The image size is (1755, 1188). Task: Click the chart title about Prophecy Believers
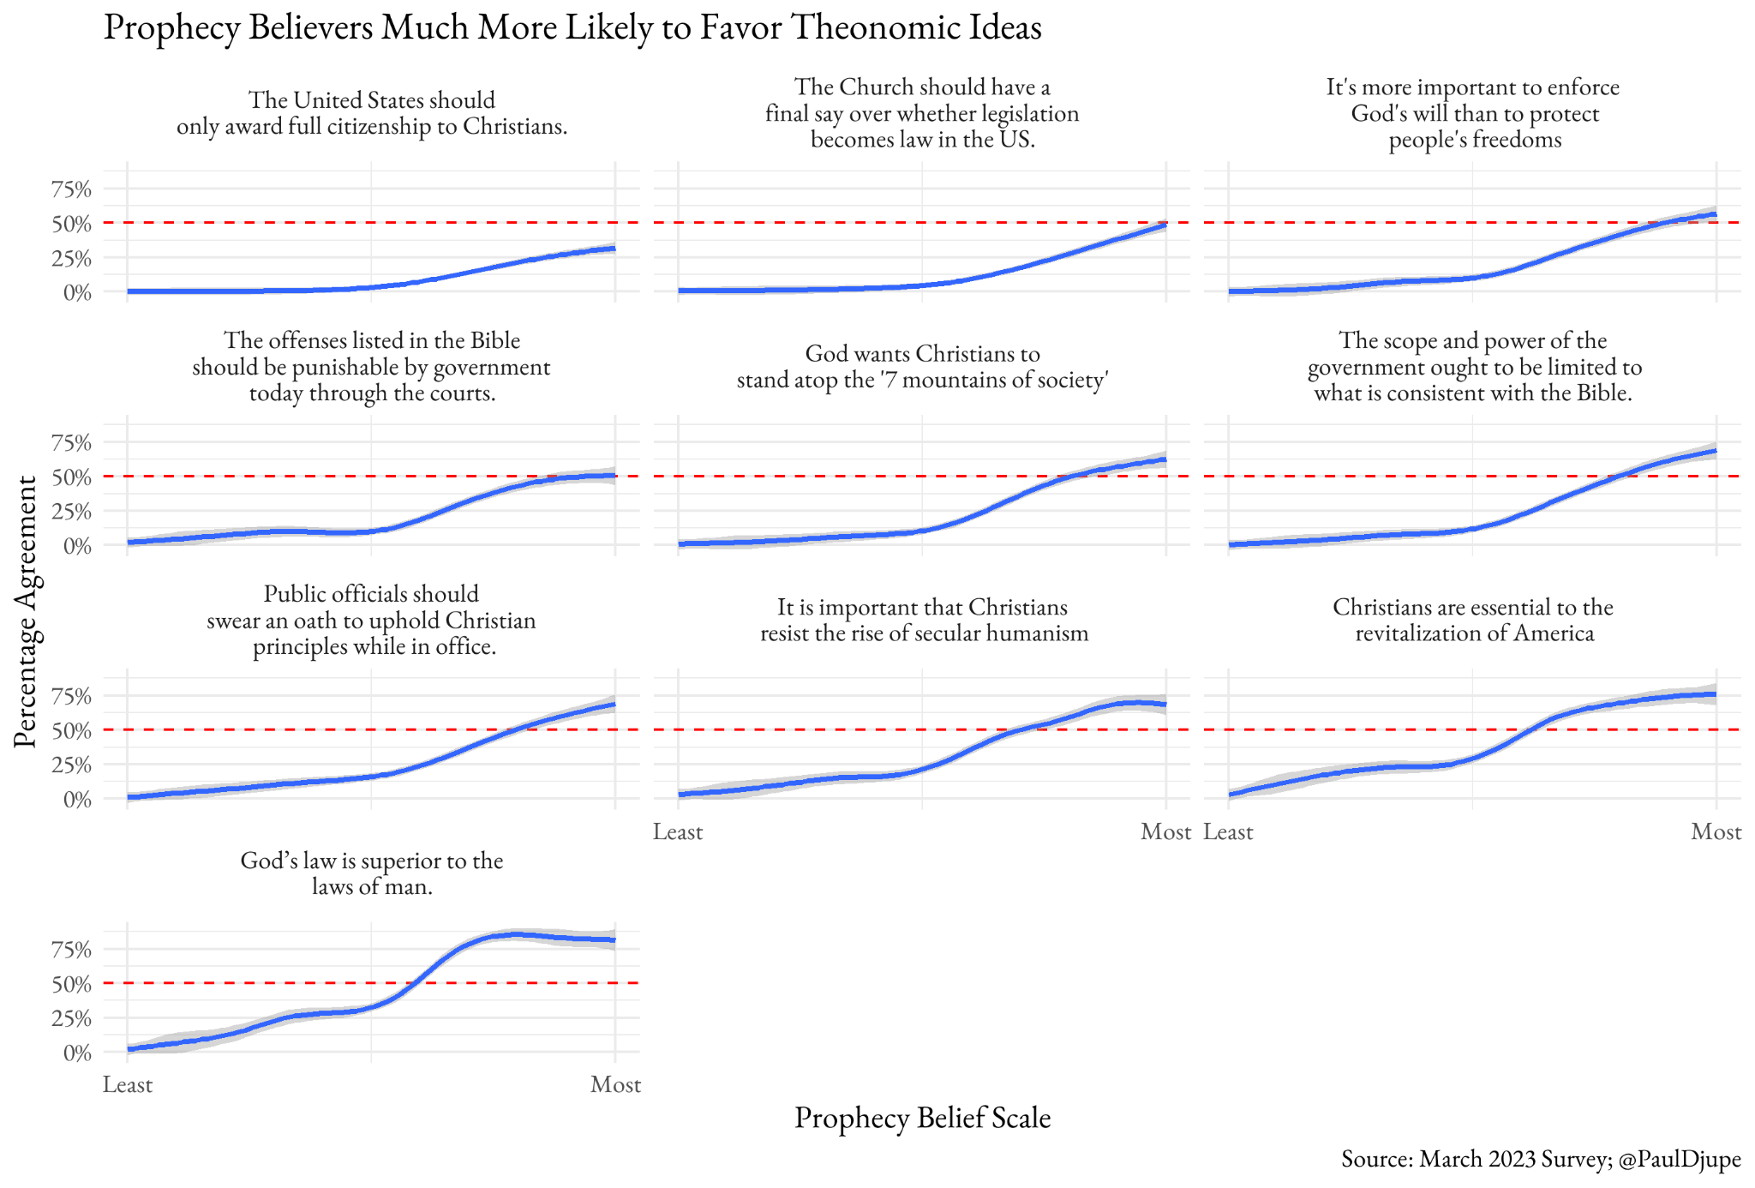tap(572, 27)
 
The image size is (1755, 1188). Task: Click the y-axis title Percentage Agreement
tap(26, 611)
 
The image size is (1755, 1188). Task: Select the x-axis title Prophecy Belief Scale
tap(922, 1118)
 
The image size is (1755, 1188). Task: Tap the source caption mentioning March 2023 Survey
tap(1540, 1159)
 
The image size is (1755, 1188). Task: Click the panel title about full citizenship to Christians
tap(371, 113)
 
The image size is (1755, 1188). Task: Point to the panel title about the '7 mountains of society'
tap(922, 366)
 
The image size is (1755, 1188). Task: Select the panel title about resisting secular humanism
tap(923, 620)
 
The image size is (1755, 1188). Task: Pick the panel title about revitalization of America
tap(1473, 620)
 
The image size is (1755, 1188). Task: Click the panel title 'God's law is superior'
tap(371, 873)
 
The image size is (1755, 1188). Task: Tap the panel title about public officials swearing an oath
tap(371, 620)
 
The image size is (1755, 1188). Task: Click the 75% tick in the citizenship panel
tap(71, 189)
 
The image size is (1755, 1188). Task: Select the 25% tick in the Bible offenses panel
tap(71, 512)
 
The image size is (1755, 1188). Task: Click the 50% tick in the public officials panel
tap(71, 731)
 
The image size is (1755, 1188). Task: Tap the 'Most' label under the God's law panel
tap(615, 1085)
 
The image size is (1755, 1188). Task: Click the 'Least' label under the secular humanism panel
tap(678, 831)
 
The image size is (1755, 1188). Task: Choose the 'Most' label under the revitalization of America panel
tap(1716, 831)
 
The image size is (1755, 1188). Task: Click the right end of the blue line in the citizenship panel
tap(614, 249)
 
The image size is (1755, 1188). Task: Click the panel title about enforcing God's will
tap(1473, 113)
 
